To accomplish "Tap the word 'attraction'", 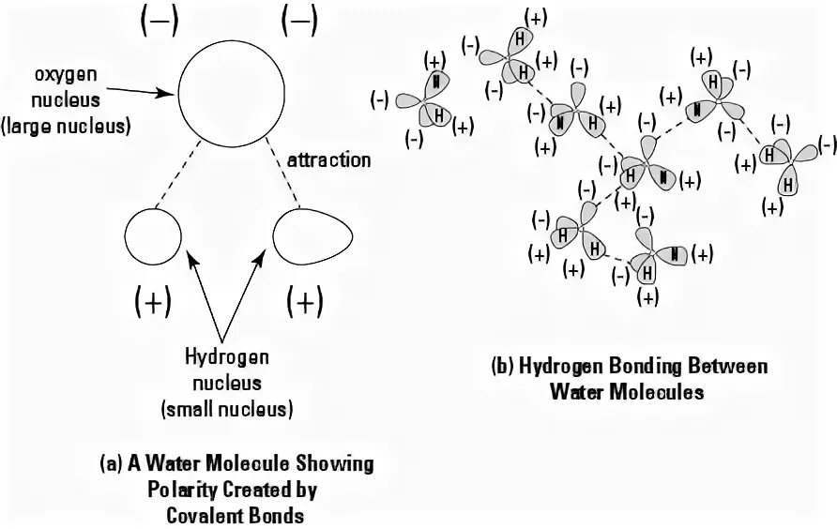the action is pyautogui.click(x=328, y=159).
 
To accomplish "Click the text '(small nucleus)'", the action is pyautogui.click(x=227, y=409).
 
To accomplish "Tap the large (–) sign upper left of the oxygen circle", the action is pyautogui.click(x=157, y=24).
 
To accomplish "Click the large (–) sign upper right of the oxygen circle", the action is pyautogui.click(x=298, y=24).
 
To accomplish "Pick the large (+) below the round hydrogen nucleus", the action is pyautogui.click(x=153, y=301).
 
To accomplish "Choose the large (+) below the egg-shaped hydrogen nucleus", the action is pyautogui.click(x=305, y=301).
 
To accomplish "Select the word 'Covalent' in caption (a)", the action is pyautogui.click(x=205, y=514).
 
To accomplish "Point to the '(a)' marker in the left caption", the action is pyautogui.click(x=112, y=463).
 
